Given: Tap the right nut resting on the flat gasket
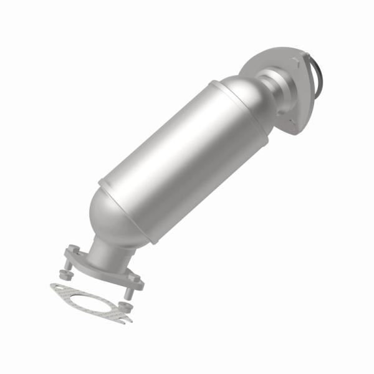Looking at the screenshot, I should click(x=125, y=307).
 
